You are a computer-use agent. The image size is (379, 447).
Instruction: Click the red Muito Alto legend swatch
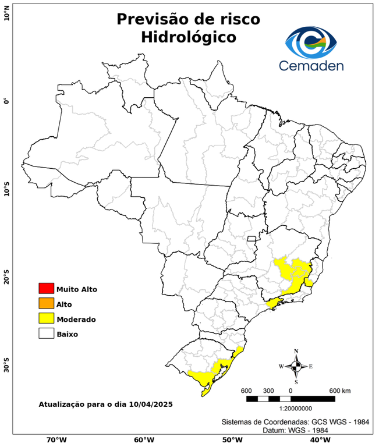(46, 288)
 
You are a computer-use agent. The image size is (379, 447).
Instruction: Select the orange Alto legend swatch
(46, 303)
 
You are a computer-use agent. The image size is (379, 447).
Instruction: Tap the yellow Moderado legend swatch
(46, 318)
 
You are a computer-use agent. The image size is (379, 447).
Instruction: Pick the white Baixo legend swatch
(46, 334)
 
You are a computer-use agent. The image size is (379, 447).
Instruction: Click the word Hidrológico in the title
(188, 37)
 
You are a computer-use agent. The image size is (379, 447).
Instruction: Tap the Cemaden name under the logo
(311, 66)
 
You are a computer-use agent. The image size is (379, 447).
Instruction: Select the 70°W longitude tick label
(56, 440)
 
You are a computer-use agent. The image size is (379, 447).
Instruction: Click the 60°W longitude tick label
(144, 440)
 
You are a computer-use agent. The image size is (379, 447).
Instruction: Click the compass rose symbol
(296, 366)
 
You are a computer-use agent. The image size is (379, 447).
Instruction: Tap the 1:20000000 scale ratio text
(291, 409)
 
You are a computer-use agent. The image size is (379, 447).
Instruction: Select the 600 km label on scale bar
(340, 390)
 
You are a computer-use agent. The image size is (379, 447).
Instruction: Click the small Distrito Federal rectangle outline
(252, 238)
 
